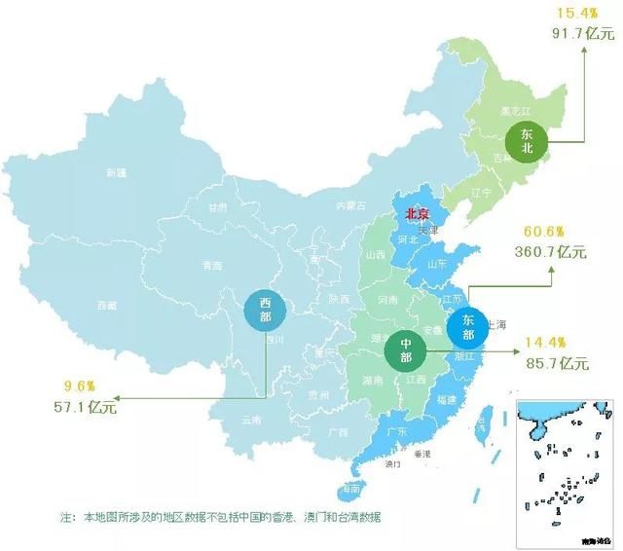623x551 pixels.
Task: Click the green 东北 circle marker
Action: pyautogui.click(x=528, y=140)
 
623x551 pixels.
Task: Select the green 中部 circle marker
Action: pyautogui.click(x=404, y=351)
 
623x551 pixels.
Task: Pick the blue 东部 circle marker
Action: pyautogui.click(x=468, y=327)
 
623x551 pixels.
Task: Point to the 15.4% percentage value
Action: pyautogui.click(x=572, y=13)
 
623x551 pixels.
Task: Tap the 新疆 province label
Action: pyautogui.click(x=117, y=173)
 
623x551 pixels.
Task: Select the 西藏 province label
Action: pyautogui.click(x=107, y=306)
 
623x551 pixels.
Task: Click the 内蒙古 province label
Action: pyautogui.click(x=350, y=206)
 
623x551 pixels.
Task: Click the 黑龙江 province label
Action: pyautogui.click(x=513, y=113)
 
